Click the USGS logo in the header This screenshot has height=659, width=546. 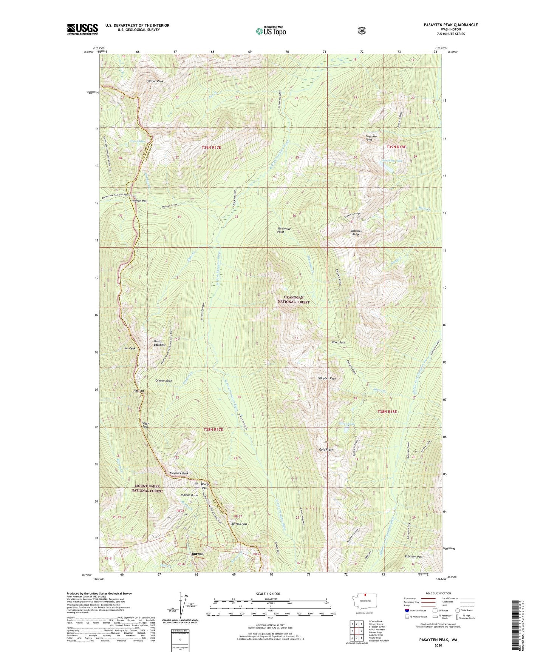coord(82,29)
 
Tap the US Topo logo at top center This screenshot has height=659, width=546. coord(271,31)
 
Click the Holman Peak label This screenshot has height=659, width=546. coord(155,81)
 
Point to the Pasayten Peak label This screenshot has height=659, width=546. coord(326,378)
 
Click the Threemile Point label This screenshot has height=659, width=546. coord(286,230)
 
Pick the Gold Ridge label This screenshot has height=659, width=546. coord(326,450)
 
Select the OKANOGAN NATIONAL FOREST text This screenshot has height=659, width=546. coord(294,300)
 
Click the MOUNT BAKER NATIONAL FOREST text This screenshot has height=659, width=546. coord(147,488)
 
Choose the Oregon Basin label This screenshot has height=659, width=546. coord(164,381)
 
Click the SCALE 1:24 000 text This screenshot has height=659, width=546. coord(268,594)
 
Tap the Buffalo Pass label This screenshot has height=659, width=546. coord(239,524)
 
